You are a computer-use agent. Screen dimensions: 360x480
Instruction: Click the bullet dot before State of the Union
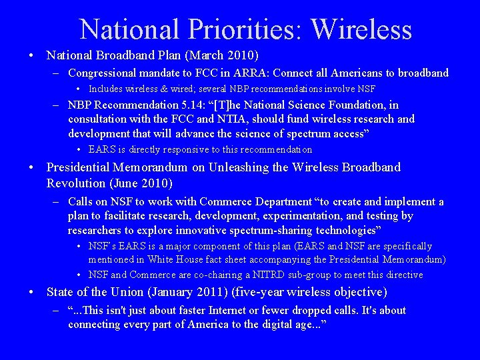pos(33,292)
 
